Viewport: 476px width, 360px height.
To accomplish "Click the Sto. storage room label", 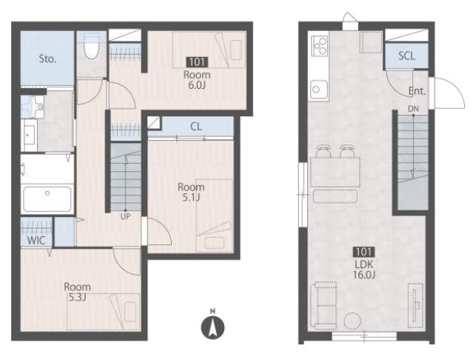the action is point(47,59).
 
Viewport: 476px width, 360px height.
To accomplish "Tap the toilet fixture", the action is point(91,46).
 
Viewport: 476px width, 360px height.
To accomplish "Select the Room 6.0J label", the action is point(197,80).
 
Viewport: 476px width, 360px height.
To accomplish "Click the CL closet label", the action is point(195,127).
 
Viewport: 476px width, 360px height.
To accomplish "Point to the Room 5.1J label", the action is point(191,193).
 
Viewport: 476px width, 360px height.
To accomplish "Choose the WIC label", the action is point(36,241).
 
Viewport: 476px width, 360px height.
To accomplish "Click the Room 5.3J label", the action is point(77,292).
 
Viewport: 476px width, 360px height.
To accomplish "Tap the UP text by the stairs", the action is point(125,216).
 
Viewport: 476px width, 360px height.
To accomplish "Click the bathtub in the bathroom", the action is point(47,199).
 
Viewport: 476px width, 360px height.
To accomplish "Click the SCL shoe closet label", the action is point(406,56).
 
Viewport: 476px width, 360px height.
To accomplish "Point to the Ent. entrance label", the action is point(417,91).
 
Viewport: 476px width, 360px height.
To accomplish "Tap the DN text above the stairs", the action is point(413,108).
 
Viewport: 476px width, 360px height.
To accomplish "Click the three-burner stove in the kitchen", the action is point(319,46).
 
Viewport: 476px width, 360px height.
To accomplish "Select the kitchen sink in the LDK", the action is point(319,90).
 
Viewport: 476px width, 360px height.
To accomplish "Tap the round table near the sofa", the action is point(352,321).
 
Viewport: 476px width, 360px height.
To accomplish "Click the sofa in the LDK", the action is point(324,306).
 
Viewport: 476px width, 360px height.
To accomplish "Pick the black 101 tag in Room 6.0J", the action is point(197,62).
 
